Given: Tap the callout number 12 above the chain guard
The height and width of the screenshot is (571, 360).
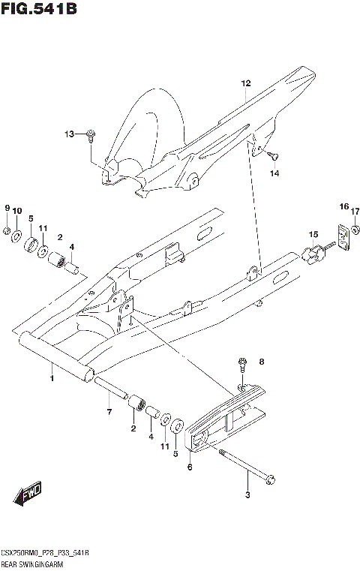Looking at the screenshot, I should click(244, 83).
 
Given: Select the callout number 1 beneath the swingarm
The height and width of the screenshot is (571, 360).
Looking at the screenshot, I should click(52, 380).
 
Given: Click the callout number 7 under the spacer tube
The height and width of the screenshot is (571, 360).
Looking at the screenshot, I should click(109, 412).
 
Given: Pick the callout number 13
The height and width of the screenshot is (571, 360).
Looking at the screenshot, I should click(69, 134).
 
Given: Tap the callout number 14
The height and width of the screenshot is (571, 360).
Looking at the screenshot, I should click(274, 173).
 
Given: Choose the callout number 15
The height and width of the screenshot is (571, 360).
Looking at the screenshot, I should click(314, 234).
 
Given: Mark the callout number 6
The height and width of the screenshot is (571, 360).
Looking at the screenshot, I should click(190, 467).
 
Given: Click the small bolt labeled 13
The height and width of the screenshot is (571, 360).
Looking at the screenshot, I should click(90, 135).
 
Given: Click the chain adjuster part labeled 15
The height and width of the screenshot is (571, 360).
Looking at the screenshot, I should click(313, 253).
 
